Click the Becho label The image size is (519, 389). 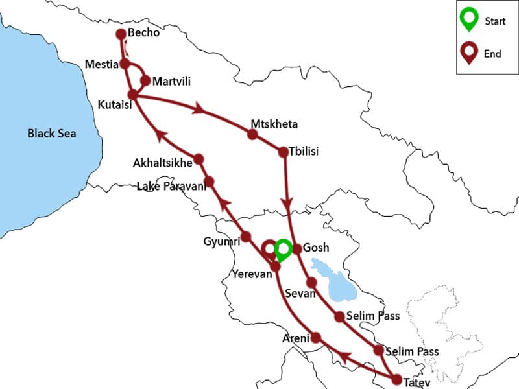coord(143,34)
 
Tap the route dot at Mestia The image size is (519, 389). coord(125,64)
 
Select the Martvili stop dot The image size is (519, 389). coord(145,81)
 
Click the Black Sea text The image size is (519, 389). coord(51,134)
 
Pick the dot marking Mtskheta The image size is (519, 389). coord(252,135)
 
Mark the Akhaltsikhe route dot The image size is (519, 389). coord(199,158)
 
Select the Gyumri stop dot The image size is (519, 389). coord(246,237)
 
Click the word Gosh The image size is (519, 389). coord(316,248)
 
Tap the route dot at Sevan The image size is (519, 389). coord(311,283)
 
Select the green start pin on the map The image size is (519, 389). coord(283,248)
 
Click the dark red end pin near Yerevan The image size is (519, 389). coord(268,250)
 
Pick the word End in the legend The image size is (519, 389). coord(492,54)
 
